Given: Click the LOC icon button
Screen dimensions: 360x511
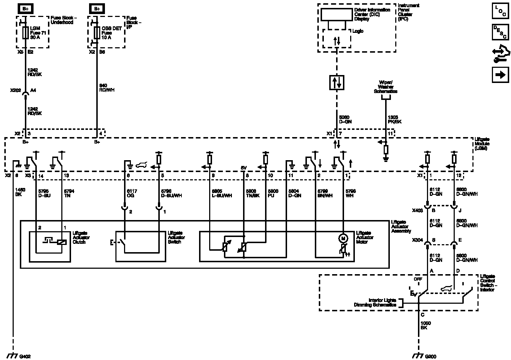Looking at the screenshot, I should tap(500, 11).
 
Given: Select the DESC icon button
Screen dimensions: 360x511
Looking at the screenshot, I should tap(500, 32).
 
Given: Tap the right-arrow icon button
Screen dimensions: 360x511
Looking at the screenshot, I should tap(500, 75).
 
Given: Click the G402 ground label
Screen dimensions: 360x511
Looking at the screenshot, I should tap(25, 356).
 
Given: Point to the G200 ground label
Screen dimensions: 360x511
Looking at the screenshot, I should tap(431, 356).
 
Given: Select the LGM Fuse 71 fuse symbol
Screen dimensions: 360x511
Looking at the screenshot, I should tap(25, 33).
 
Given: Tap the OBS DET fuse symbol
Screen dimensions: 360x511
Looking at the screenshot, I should tap(96, 33).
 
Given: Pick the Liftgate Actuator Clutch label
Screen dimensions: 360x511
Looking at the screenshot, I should tap(82, 238).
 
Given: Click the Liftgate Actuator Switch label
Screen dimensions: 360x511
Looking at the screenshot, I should tap(177, 238).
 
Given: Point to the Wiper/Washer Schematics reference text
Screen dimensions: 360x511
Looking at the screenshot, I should tap(386, 87).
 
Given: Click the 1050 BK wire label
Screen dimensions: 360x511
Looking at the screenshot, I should tap(426, 325).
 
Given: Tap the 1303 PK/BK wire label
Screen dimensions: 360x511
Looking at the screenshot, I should tap(394, 119).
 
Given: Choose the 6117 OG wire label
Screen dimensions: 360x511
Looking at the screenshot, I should tap(132, 193).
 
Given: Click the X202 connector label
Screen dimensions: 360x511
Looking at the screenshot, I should tap(16, 91).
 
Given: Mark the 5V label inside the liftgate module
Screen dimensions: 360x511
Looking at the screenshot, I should tap(244, 168).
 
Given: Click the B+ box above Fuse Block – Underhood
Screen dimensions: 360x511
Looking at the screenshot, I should tap(25, 8).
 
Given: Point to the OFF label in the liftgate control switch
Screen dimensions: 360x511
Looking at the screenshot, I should tap(418, 279).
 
